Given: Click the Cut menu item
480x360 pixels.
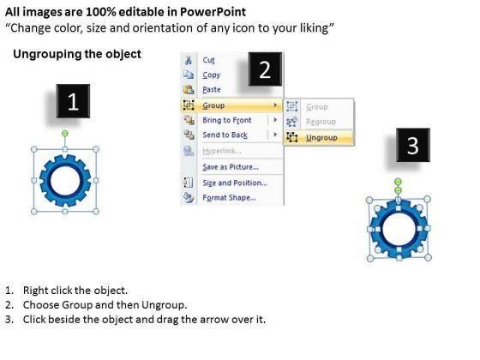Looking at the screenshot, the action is [208, 60].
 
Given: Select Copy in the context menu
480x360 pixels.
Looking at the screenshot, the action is [211, 75].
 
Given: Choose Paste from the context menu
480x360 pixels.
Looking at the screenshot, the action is [212, 90].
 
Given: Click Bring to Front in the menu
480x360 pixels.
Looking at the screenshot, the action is [227, 120].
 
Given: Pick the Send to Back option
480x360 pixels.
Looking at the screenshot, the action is [225, 135].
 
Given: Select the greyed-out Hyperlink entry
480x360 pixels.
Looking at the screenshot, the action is [222, 151].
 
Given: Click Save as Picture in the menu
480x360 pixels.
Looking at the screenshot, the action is [231, 167].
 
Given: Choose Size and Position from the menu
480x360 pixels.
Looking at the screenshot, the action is [235, 183].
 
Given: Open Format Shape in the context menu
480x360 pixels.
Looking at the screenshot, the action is [230, 198].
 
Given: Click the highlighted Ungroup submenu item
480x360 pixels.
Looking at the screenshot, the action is [321, 138].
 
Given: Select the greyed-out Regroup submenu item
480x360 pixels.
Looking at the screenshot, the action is [321, 122].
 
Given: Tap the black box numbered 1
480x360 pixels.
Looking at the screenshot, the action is [73, 101].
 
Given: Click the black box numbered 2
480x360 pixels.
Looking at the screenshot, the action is [265, 69].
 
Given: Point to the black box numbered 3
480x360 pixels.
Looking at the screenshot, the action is [413, 145].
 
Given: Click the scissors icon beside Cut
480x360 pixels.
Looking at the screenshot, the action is [189, 60].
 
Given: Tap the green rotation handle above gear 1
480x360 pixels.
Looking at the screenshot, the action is [65, 134].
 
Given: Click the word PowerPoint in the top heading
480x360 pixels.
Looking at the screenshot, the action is [213, 12].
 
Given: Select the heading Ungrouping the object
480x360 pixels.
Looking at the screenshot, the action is [77, 54].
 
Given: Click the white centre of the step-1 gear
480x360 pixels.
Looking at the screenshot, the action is [65, 181].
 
